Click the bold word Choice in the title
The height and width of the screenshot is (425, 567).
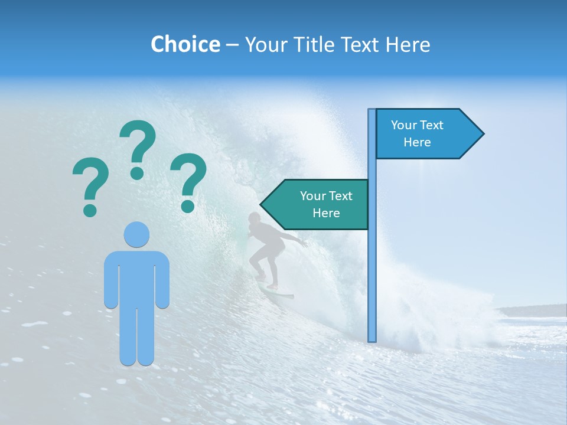pyautogui.click(x=185, y=44)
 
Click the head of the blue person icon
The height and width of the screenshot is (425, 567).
pyautogui.click(x=136, y=235)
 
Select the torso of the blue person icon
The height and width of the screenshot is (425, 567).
pyautogui.click(x=136, y=277)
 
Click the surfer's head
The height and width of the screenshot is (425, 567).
pyautogui.click(x=254, y=218)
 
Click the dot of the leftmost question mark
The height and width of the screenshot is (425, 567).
pyautogui.click(x=90, y=209)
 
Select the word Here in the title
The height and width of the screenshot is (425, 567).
pyautogui.click(x=408, y=44)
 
